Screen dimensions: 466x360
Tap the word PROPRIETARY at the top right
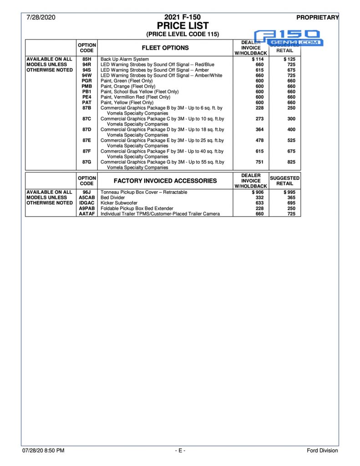coord(317,18)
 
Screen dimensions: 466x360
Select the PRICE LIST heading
coord(183,25)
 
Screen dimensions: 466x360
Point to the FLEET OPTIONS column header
coord(165,48)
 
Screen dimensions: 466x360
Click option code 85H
coord(87,59)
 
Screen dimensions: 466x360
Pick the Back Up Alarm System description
coord(125,59)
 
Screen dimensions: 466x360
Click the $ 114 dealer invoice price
coord(258,59)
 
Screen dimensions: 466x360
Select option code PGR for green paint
coord(87,81)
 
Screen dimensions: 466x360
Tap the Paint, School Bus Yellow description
coord(139,91)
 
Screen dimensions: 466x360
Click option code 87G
coord(87,162)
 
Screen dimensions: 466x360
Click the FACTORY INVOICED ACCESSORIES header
coord(165,181)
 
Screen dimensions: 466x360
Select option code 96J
coord(87,192)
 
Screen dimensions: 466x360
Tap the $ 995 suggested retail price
coord(289,192)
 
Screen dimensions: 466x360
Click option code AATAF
coord(87,214)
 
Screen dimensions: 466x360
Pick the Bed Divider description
coord(113,198)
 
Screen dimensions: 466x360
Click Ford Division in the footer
coord(322,451)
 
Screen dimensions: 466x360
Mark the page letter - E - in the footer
coord(180,451)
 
